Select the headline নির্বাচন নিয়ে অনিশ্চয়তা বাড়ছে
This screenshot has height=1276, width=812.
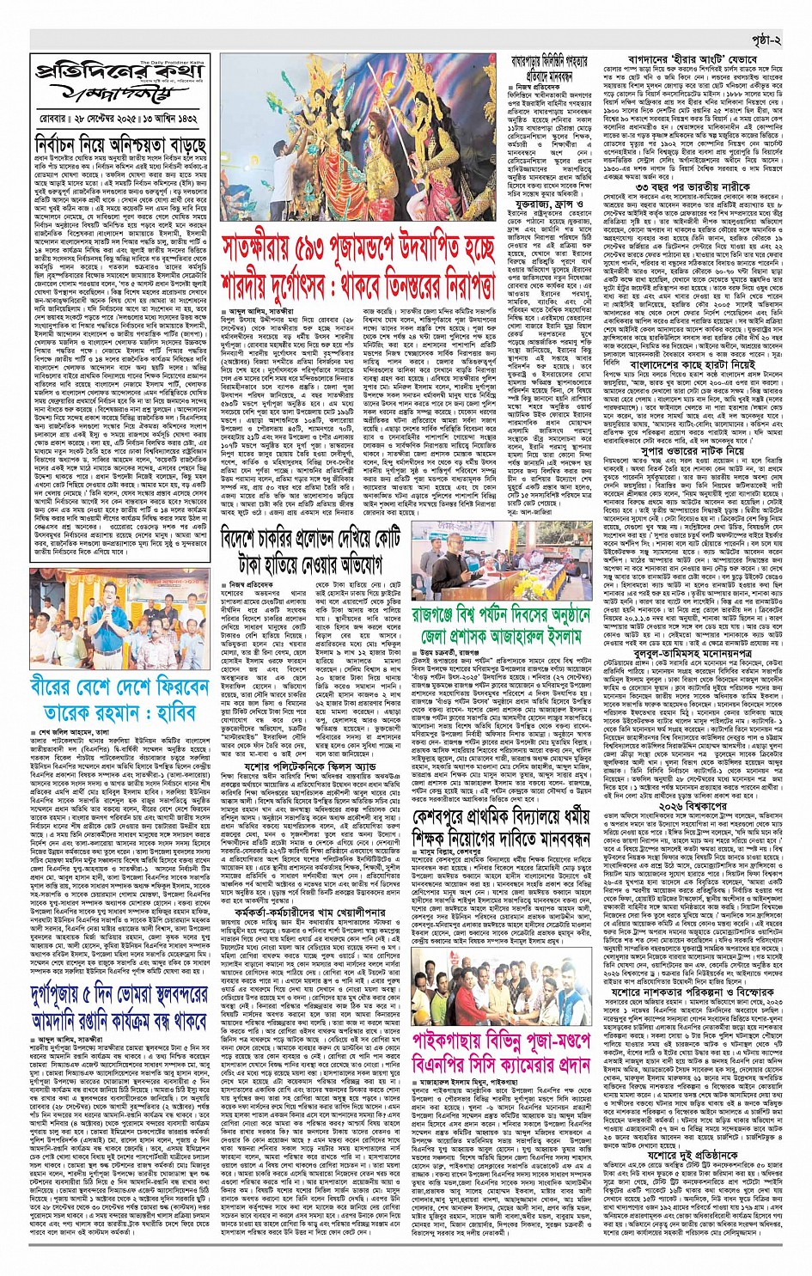(x=121, y=143)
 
